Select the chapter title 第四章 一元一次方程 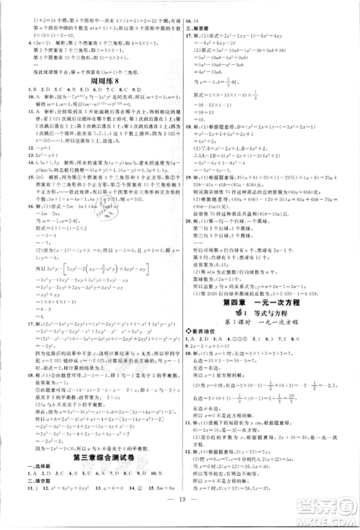pyautogui.click(x=269, y=303)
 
